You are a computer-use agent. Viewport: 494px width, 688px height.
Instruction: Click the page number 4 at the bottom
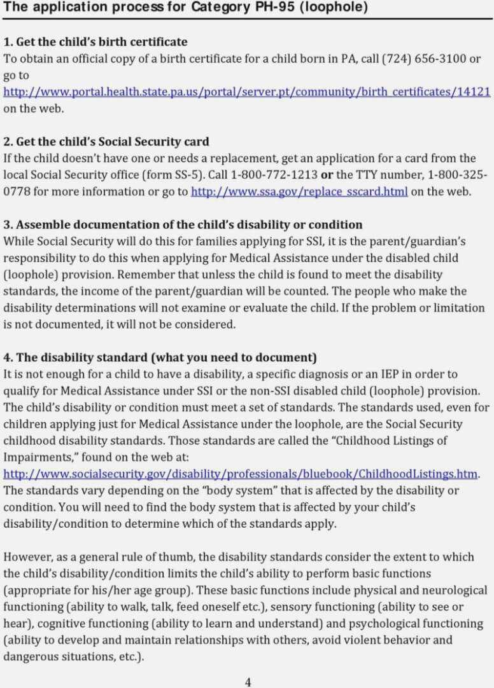point(248,682)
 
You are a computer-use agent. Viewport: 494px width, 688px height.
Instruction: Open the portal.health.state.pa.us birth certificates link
point(247,92)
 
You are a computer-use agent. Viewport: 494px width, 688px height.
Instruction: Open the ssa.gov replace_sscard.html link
point(299,191)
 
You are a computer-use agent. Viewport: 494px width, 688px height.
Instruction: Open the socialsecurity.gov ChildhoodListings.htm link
point(241,474)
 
